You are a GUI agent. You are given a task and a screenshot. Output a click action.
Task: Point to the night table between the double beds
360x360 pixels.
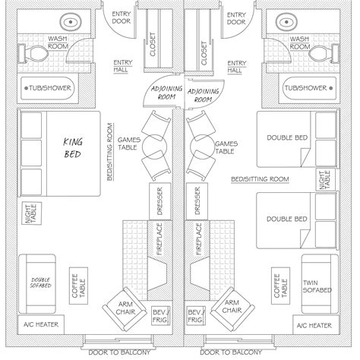324,181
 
